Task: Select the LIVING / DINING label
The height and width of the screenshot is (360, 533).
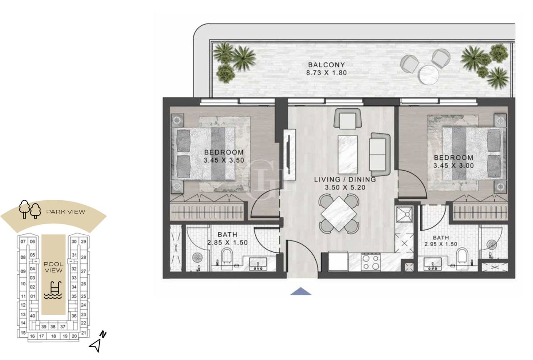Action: point(345,180)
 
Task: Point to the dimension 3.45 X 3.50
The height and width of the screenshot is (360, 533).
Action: point(224,160)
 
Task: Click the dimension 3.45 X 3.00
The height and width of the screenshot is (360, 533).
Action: point(453,166)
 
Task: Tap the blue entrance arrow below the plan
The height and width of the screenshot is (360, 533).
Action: point(301,291)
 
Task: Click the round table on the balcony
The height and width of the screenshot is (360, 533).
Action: point(429,75)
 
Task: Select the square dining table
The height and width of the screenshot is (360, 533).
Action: point(339,214)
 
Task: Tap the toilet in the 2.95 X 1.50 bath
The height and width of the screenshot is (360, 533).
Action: point(462,256)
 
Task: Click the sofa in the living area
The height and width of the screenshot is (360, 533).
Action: point(379,154)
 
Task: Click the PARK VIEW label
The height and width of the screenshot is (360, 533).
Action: point(65,212)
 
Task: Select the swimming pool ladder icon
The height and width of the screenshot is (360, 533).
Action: point(52,290)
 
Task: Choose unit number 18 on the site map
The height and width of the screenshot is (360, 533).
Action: point(53,336)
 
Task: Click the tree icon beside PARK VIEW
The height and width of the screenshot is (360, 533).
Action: point(30,209)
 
